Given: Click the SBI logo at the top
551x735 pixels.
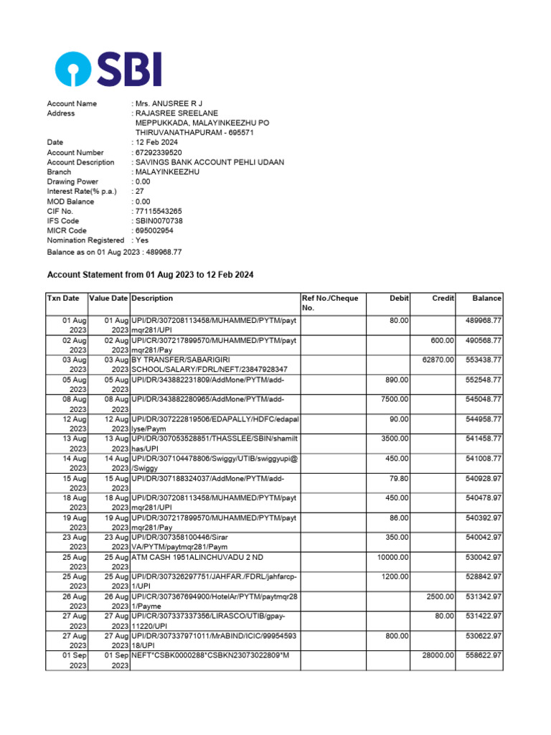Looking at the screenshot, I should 108,70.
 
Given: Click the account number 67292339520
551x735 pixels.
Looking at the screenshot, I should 159,153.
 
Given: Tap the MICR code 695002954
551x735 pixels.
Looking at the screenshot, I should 156,231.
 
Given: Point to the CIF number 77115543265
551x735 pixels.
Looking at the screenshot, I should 159,212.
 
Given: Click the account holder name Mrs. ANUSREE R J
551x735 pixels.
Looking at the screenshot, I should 164,104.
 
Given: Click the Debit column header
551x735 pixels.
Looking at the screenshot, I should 399,299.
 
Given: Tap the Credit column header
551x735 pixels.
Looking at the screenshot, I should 443,299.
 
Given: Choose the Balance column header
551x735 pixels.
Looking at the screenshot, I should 486,299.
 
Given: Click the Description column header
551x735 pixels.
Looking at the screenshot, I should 152,299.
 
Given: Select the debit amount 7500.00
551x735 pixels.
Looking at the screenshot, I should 395,399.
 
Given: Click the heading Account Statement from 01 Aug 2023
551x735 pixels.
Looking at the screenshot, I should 150,275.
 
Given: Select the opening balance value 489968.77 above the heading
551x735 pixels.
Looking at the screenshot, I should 163,252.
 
